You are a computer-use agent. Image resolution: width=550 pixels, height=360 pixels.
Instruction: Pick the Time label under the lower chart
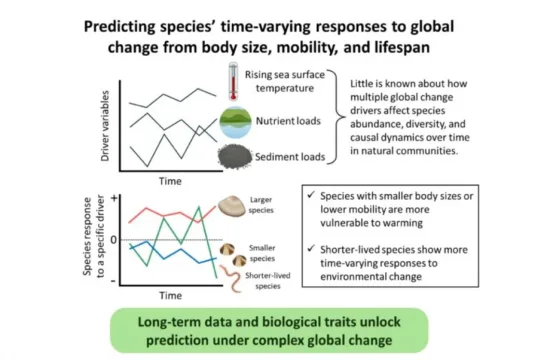(x=171, y=296)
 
